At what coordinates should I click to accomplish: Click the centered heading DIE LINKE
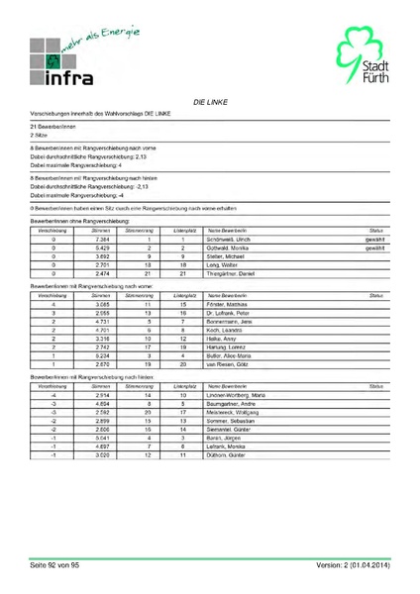210,102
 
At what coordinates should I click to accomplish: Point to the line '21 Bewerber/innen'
47,127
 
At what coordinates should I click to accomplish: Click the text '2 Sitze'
40,135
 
